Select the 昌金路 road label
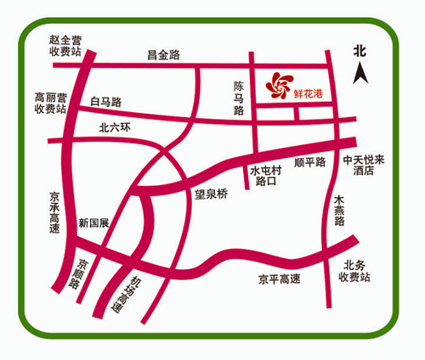163,55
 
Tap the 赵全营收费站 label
65,46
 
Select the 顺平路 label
309,161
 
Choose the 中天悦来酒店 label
365,164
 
